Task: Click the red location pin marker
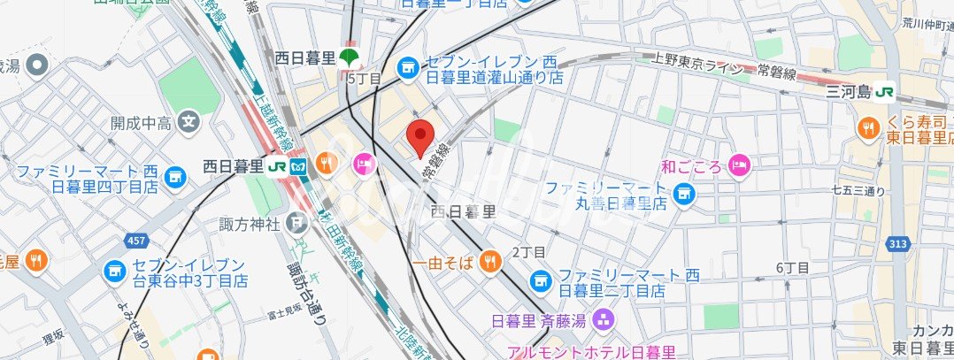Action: [419, 138]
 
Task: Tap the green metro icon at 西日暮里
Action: [350, 58]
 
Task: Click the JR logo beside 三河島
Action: [883, 91]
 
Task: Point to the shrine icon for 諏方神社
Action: [296, 224]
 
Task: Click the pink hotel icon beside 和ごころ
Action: [739, 165]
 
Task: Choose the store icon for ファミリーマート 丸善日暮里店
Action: [682, 193]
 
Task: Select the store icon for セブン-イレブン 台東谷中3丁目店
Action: [113, 272]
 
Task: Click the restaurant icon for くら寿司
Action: [867, 129]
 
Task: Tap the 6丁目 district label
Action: [789, 267]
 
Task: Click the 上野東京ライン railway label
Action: [698, 63]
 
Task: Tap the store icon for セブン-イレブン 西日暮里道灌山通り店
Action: [407, 67]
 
